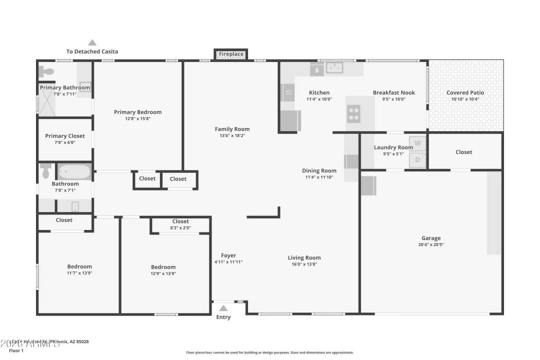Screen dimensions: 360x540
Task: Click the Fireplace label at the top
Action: click(231, 54)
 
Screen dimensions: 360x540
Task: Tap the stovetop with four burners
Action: click(353, 114)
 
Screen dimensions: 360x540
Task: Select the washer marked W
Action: click(417, 143)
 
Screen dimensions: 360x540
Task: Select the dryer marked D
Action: click(417, 160)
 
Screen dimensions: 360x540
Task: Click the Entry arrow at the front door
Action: click(223, 308)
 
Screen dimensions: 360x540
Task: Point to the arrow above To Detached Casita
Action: click(92, 43)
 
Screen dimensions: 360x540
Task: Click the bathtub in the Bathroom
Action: click(74, 172)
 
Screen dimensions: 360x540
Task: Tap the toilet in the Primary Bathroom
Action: click(47, 71)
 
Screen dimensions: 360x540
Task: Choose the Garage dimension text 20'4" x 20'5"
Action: click(430, 245)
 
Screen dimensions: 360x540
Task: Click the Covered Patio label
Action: click(465, 92)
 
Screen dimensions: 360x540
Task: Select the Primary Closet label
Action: click(65, 136)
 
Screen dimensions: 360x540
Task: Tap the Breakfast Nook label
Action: click(393, 92)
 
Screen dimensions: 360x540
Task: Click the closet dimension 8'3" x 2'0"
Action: click(180, 228)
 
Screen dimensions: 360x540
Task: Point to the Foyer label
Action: click(228, 255)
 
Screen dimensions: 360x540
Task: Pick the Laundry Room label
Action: click(393, 147)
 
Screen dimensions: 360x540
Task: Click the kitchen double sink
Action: click(333, 67)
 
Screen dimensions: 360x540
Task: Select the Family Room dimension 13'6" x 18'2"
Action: click(232, 135)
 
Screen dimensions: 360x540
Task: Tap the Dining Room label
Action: click(319, 170)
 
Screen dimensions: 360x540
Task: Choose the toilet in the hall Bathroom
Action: click(46, 171)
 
